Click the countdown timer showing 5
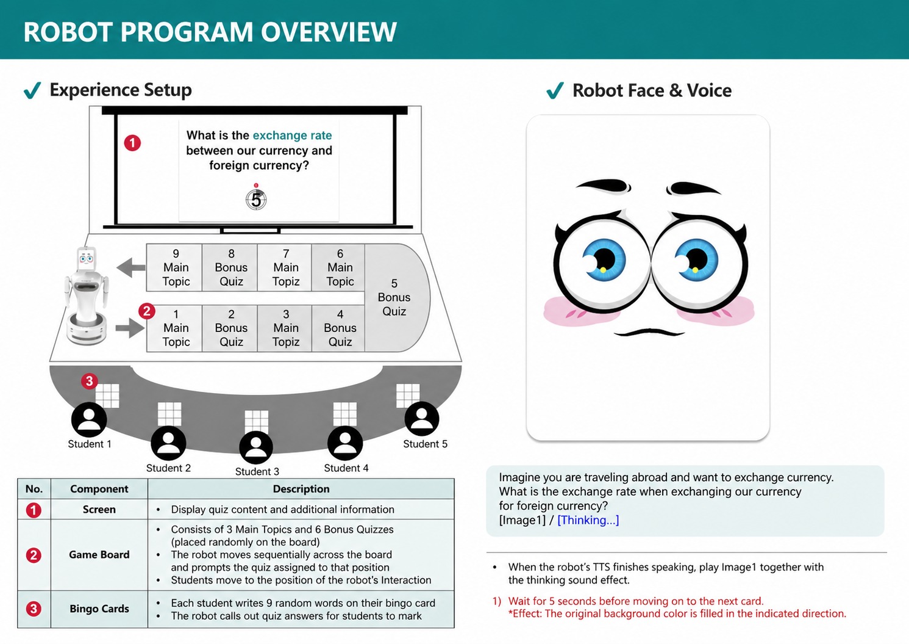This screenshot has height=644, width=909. pyautogui.click(x=256, y=199)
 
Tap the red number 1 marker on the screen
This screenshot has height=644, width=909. pyautogui.click(x=132, y=143)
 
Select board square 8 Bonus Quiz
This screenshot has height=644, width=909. pyautogui.click(x=231, y=267)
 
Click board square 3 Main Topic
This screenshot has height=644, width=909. pyautogui.click(x=285, y=328)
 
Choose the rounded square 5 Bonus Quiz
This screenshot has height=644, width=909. pyautogui.click(x=395, y=297)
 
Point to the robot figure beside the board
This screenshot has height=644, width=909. pyautogui.click(x=87, y=295)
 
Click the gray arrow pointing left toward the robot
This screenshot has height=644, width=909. pyautogui.click(x=130, y=267)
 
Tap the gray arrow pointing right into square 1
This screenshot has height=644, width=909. pyautogui.click(x=129, y=328)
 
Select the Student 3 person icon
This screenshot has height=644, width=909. pyautogui.click(x=256, y=447)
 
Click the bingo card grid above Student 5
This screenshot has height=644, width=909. pyautogui.click(x=408, y=395)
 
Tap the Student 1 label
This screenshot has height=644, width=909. pyautogui.click(x=90, y=444)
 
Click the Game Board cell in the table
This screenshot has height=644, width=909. pyautogui.click(x=99, y=554)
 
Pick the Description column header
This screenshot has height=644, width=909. pyautogui.click(x=301, y=489)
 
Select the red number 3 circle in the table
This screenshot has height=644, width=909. pyautogui.click(x=34, y=609)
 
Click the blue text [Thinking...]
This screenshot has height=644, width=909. pyautogui.click(x=588, y=520)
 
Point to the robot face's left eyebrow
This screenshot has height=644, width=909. pyautogui.click(x=604, y=184)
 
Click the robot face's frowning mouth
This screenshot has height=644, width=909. pyautogui.click(x=649, y=332)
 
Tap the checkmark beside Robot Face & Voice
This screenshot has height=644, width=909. pyautogui.click(x=555, y=91)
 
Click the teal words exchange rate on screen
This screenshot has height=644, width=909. pyautogui.click(x=292, y=136)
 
